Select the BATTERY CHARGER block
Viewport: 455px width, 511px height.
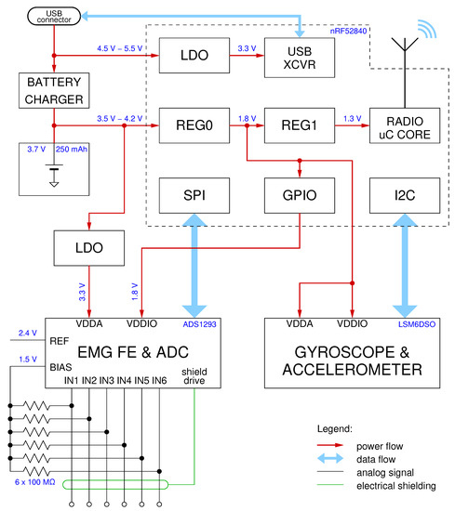pyautogui.click(x=55, y=92)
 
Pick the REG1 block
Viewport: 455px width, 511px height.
pyautogui.click(x=298, y=124)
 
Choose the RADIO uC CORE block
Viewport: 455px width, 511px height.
pyautogui.click(x=405, y=124)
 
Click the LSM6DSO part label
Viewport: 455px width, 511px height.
pyautogui.click(x=414, y=325)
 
